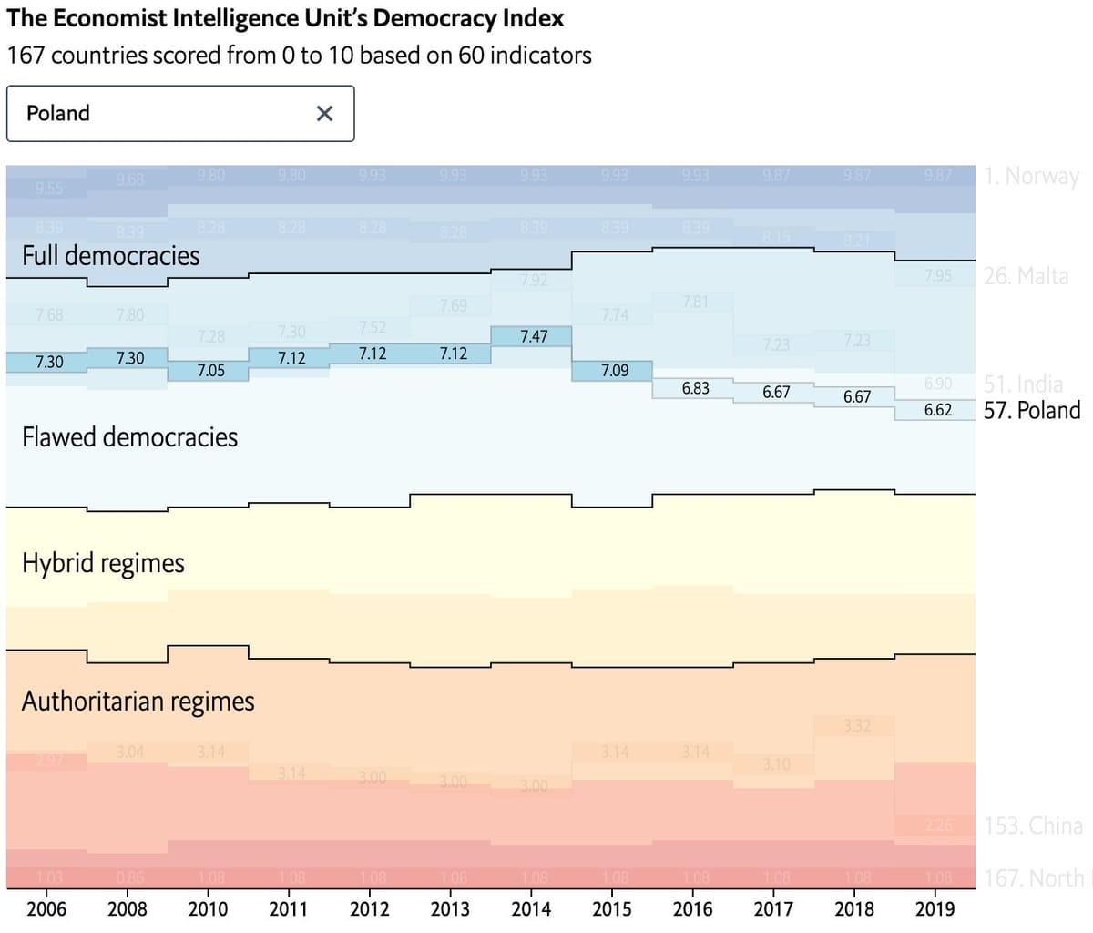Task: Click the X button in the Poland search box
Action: point(324,114)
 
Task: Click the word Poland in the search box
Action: point(58,114)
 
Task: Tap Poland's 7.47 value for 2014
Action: point(534,337)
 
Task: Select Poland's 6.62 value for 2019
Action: point(938,410)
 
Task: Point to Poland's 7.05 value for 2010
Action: point(210,371)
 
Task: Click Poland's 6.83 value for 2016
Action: point(696,388)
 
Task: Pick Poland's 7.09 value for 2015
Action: point(615,371)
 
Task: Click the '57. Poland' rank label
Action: point(1032,410)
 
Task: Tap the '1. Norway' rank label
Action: point(1032,176)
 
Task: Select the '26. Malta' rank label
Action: point(1027,276)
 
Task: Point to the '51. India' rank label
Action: point(1023,384)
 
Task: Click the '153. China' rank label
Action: point(1033,826)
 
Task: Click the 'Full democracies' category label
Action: point(110,255)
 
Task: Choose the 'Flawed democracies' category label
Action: point(129,437)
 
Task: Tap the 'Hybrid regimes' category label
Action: point(103,563)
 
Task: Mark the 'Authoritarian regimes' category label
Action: point(138,702)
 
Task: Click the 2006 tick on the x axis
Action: point(46,909)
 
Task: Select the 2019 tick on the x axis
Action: point(935,909)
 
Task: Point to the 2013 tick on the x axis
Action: point(450,909)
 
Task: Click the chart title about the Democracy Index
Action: point(285,18)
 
